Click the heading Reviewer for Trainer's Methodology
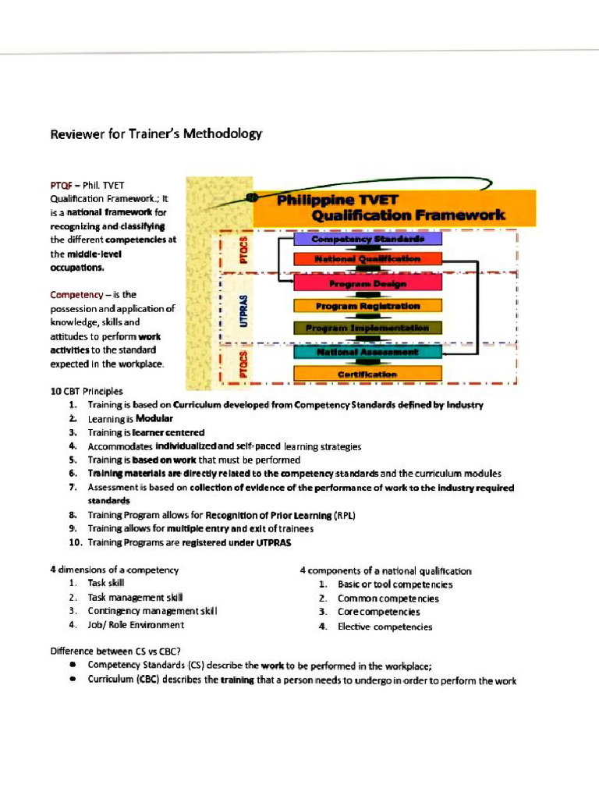pos(156,133)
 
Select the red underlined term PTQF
pos(61,185)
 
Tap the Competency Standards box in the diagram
pos(367,239)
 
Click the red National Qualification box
pos(367,258)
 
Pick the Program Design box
pos(367,284)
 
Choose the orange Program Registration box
pos(367,306)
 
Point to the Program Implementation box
pos(367,328)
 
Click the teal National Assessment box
pos(367,352)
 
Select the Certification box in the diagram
pos(367,375)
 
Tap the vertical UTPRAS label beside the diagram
pos(244,310)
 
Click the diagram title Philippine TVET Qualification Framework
pos(390,207)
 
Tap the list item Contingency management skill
pos(152,611)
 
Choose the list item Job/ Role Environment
pos(136,624)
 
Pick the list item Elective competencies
pos(385,626)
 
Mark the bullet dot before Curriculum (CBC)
pos(72,680)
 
